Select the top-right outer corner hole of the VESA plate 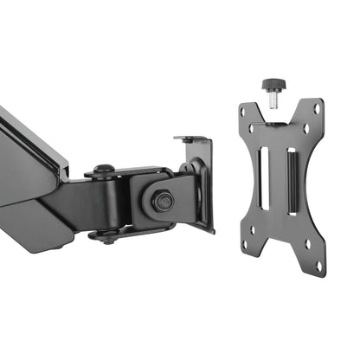[x=317, y=109]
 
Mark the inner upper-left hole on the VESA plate [x=257, y=130]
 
